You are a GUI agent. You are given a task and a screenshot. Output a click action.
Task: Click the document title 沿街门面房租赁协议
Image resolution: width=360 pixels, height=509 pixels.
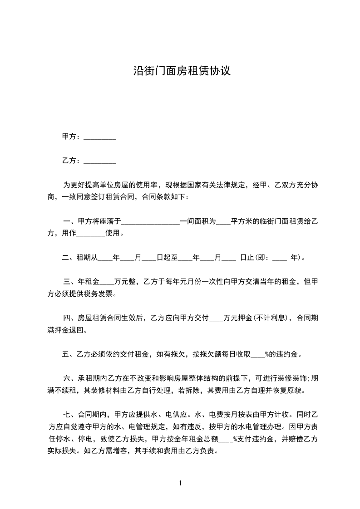[x=182, y=71]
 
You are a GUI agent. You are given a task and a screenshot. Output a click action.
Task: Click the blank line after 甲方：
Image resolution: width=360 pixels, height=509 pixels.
[x=100, y=137]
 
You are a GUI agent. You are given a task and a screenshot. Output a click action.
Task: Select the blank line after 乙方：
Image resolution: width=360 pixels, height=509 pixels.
[x=100, y=161]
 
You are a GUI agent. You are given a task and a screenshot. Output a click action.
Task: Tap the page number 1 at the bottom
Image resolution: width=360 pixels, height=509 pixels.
[x=180, y=483]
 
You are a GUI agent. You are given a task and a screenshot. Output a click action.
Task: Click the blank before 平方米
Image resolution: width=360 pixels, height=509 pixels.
[x=223, y=222]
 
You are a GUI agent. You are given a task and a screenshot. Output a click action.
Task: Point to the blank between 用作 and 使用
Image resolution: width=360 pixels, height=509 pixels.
[x=91, y=234]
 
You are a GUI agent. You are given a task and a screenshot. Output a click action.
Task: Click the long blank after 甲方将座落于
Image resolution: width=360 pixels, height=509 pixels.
[x=151, y=222]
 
